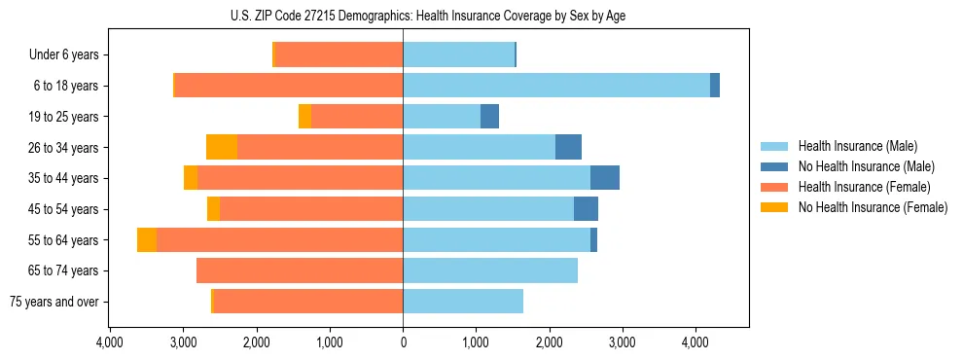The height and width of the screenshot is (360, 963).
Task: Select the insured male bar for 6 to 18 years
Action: coord(556,86)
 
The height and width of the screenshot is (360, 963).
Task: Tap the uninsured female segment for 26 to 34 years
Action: coord(222,148)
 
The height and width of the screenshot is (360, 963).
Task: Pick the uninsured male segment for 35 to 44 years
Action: coord(605,178)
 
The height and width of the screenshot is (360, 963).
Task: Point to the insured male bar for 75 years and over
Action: coord(463,302)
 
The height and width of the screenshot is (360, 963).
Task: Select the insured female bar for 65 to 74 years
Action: coord(300,270)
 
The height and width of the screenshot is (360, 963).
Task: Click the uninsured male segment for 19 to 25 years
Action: coord(490,117)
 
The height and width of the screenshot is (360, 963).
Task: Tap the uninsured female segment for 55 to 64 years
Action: coord(147,240)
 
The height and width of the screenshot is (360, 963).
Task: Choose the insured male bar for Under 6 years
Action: coord(458,55)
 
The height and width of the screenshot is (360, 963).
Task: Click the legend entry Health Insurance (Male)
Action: coord(857,146)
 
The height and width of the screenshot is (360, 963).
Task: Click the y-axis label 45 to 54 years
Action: coord(64,209)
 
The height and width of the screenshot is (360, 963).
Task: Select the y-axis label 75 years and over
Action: coord(53,302)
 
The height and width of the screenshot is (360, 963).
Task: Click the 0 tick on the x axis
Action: coord(403,342)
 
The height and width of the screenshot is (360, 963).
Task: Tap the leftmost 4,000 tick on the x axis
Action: coord(110,342)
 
